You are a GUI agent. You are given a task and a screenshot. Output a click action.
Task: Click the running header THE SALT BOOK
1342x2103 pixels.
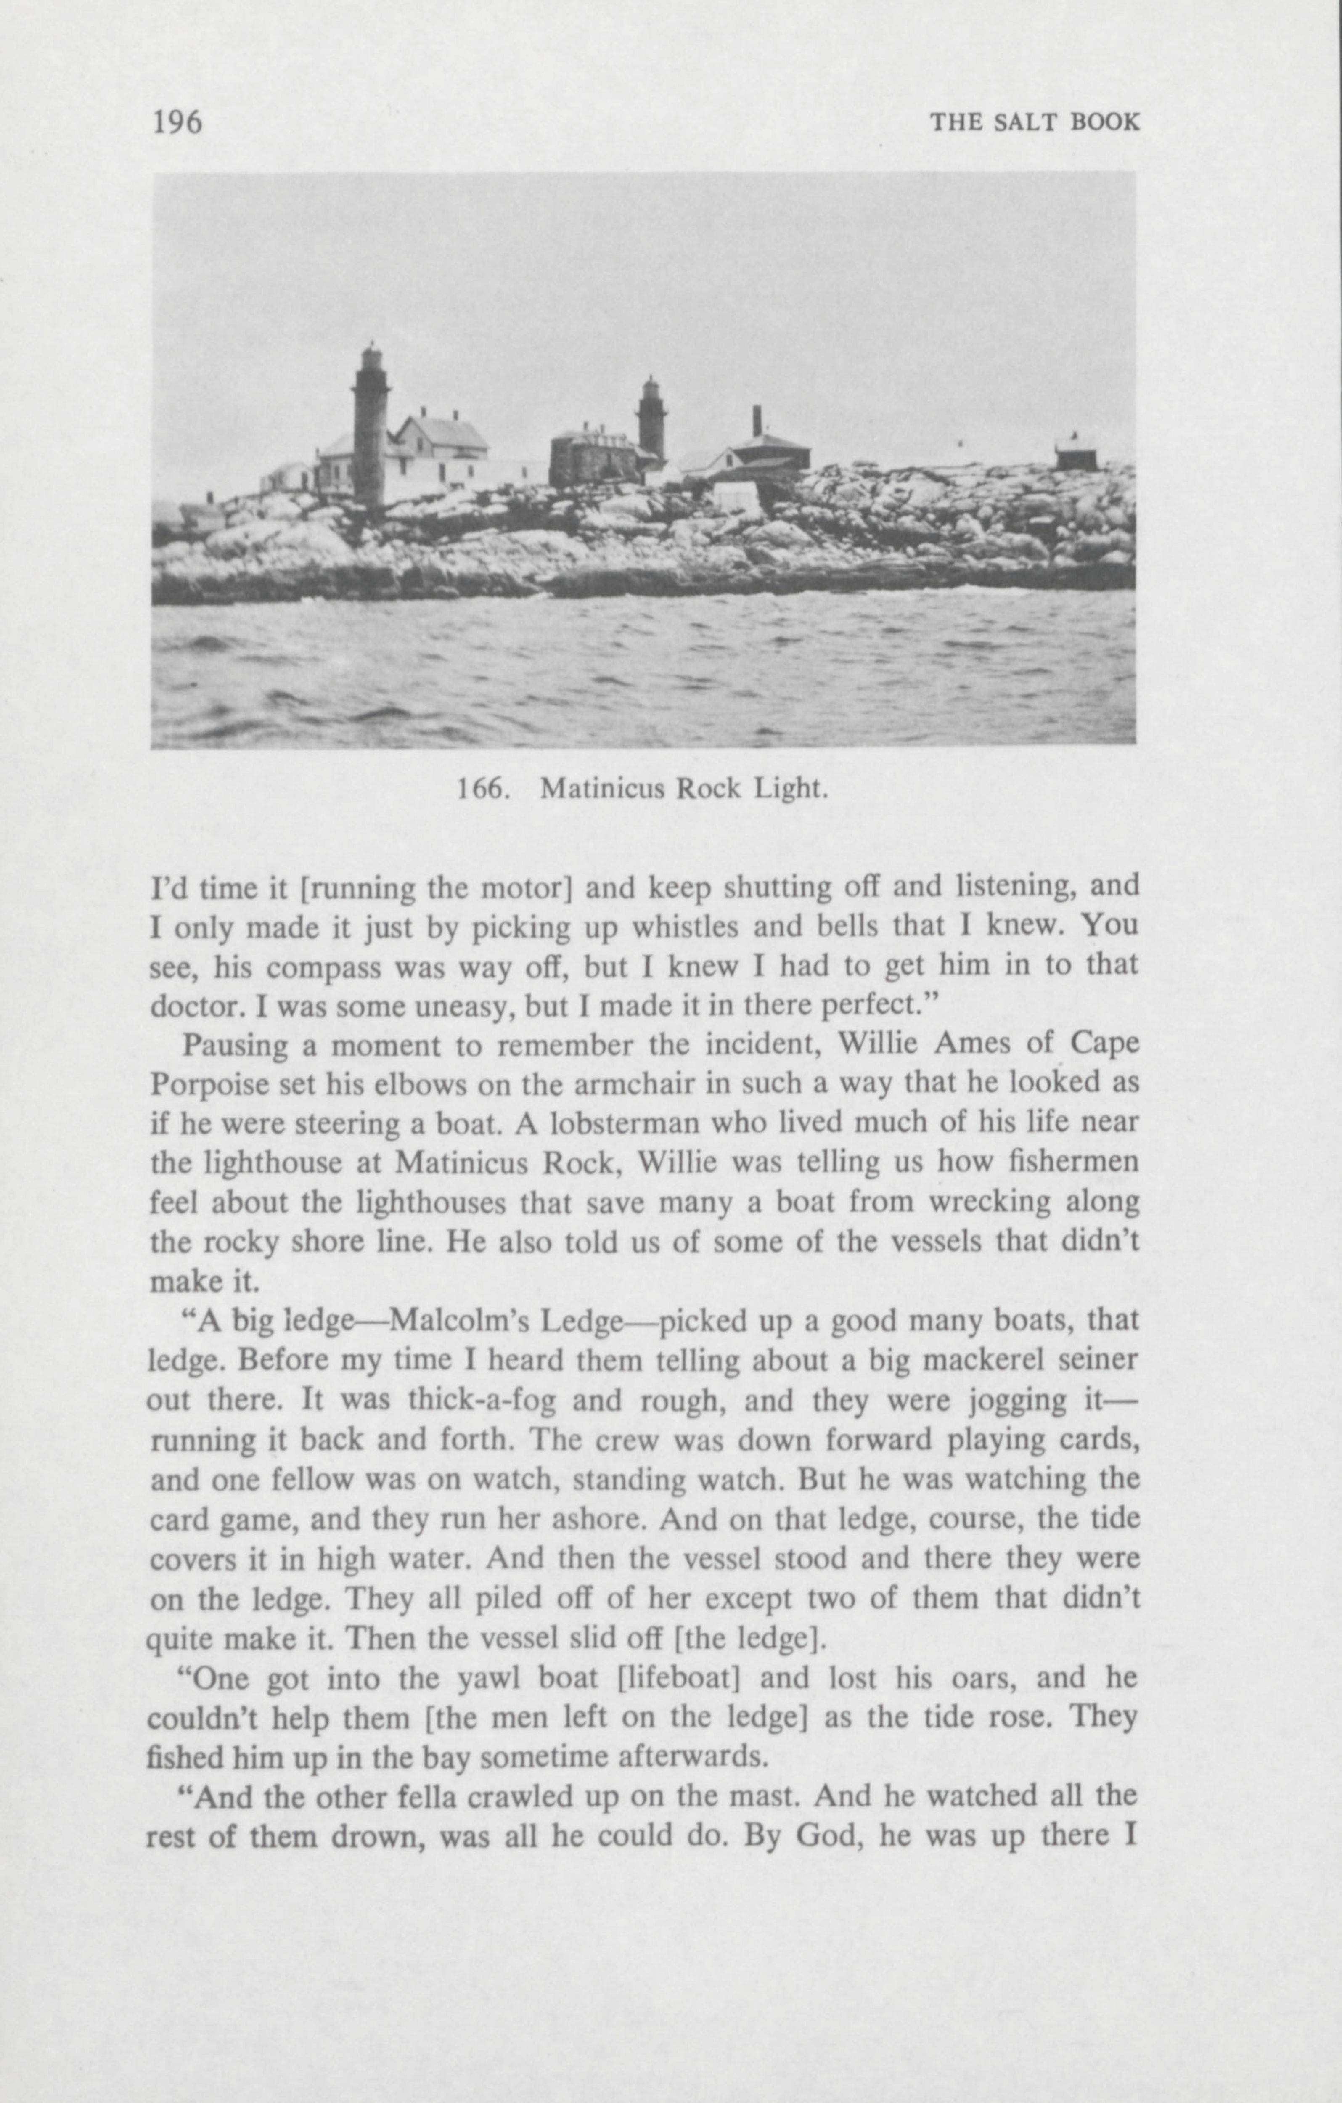coord(1035,122)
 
